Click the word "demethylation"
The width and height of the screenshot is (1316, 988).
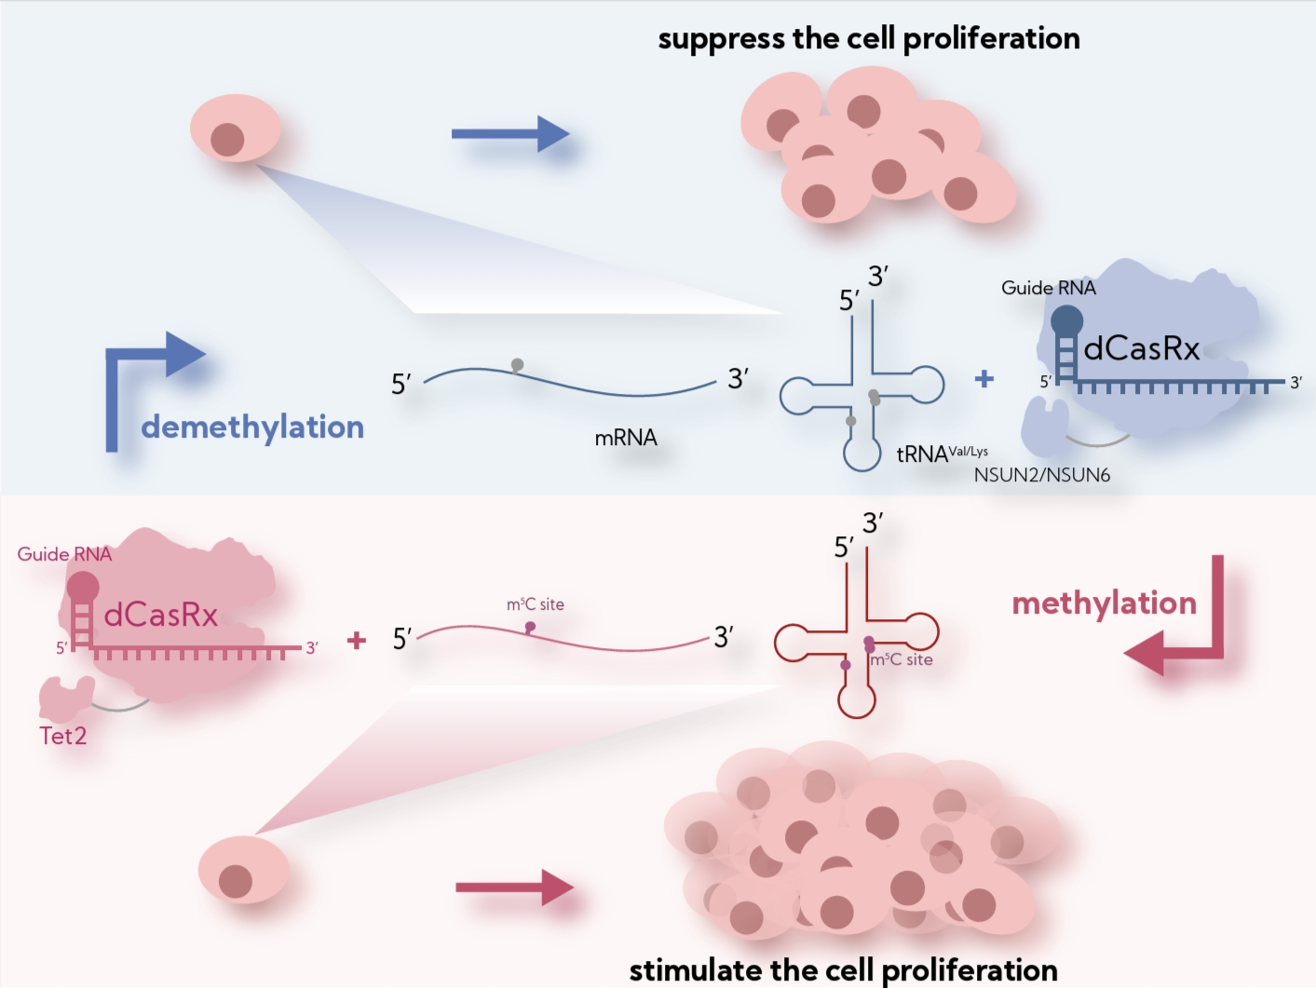click(x=252, y=427)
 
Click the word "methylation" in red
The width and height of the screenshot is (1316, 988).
click(x=1104, y=603)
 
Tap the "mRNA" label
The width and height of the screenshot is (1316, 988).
click(x=626, y=438)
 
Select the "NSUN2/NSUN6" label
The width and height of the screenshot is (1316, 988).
click(x=1041, y=476)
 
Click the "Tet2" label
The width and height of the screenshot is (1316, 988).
click(x=63, y=737)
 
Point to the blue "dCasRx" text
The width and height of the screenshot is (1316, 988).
click(x=1141, y=349)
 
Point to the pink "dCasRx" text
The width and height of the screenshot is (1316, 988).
click(x=160, y=616)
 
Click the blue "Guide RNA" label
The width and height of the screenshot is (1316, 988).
click(x=1048, y=289)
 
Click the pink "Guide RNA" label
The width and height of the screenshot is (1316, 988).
click(x=64, y=555)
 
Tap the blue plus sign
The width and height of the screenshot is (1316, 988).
click(x=984, y=379)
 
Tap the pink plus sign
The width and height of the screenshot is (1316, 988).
click(x=356, y=641)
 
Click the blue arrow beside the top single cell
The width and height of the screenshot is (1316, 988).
click(x=509, y=134)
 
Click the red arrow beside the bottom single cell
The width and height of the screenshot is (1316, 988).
click(x=513, y=887)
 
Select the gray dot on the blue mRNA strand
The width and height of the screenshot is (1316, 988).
click(x=517, y=365)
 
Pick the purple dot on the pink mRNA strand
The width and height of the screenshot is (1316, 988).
click(x=530, y=627)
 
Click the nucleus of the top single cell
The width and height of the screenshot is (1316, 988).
click(x=227, y=141)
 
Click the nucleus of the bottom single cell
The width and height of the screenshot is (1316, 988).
click(x=236, y=881)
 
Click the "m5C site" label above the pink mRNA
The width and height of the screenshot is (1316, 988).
click(x=535, y=604)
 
